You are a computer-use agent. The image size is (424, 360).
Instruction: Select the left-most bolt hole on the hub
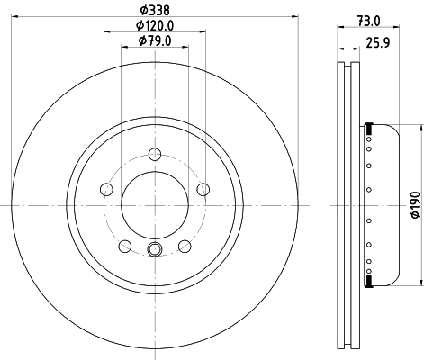pyautogui.click(x=106, y=189)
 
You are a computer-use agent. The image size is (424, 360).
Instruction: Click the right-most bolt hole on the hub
pyautogui.click(x=203, y=189)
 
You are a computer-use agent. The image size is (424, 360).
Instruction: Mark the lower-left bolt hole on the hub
pyautogui.click(x=124, y=247)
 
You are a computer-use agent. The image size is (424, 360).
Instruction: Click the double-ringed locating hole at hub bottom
pyautogui.click(x=154, y=251)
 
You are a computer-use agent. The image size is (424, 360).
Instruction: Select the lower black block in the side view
pyautogui.click(x=367, y=282)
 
